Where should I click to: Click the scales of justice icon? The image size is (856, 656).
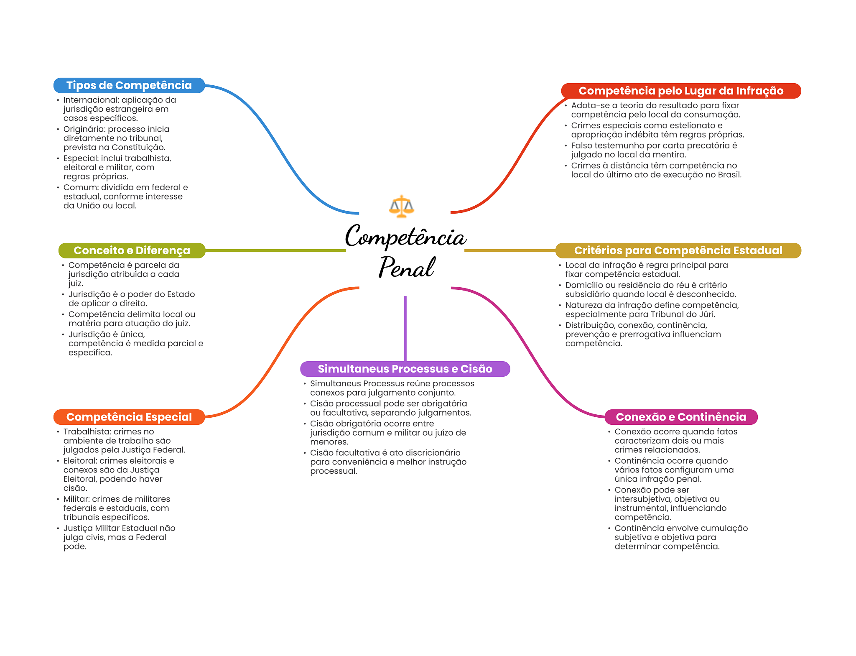pos(401,206)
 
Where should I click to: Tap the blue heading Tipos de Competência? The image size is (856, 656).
pos(129,85)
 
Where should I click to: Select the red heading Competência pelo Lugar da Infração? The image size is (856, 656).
pos(680,91)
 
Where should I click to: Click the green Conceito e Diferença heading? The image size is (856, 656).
pos(132,250)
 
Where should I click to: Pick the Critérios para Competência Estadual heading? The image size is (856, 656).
pos(678,250)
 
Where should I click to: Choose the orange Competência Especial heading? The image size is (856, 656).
pos(129,417)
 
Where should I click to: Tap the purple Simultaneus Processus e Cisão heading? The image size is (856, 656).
pos(405,369)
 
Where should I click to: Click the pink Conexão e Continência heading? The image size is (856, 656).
pos(680,417)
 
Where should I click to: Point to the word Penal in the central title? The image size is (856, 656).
pos(406,268)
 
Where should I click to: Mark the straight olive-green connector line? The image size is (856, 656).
pos(276,250)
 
